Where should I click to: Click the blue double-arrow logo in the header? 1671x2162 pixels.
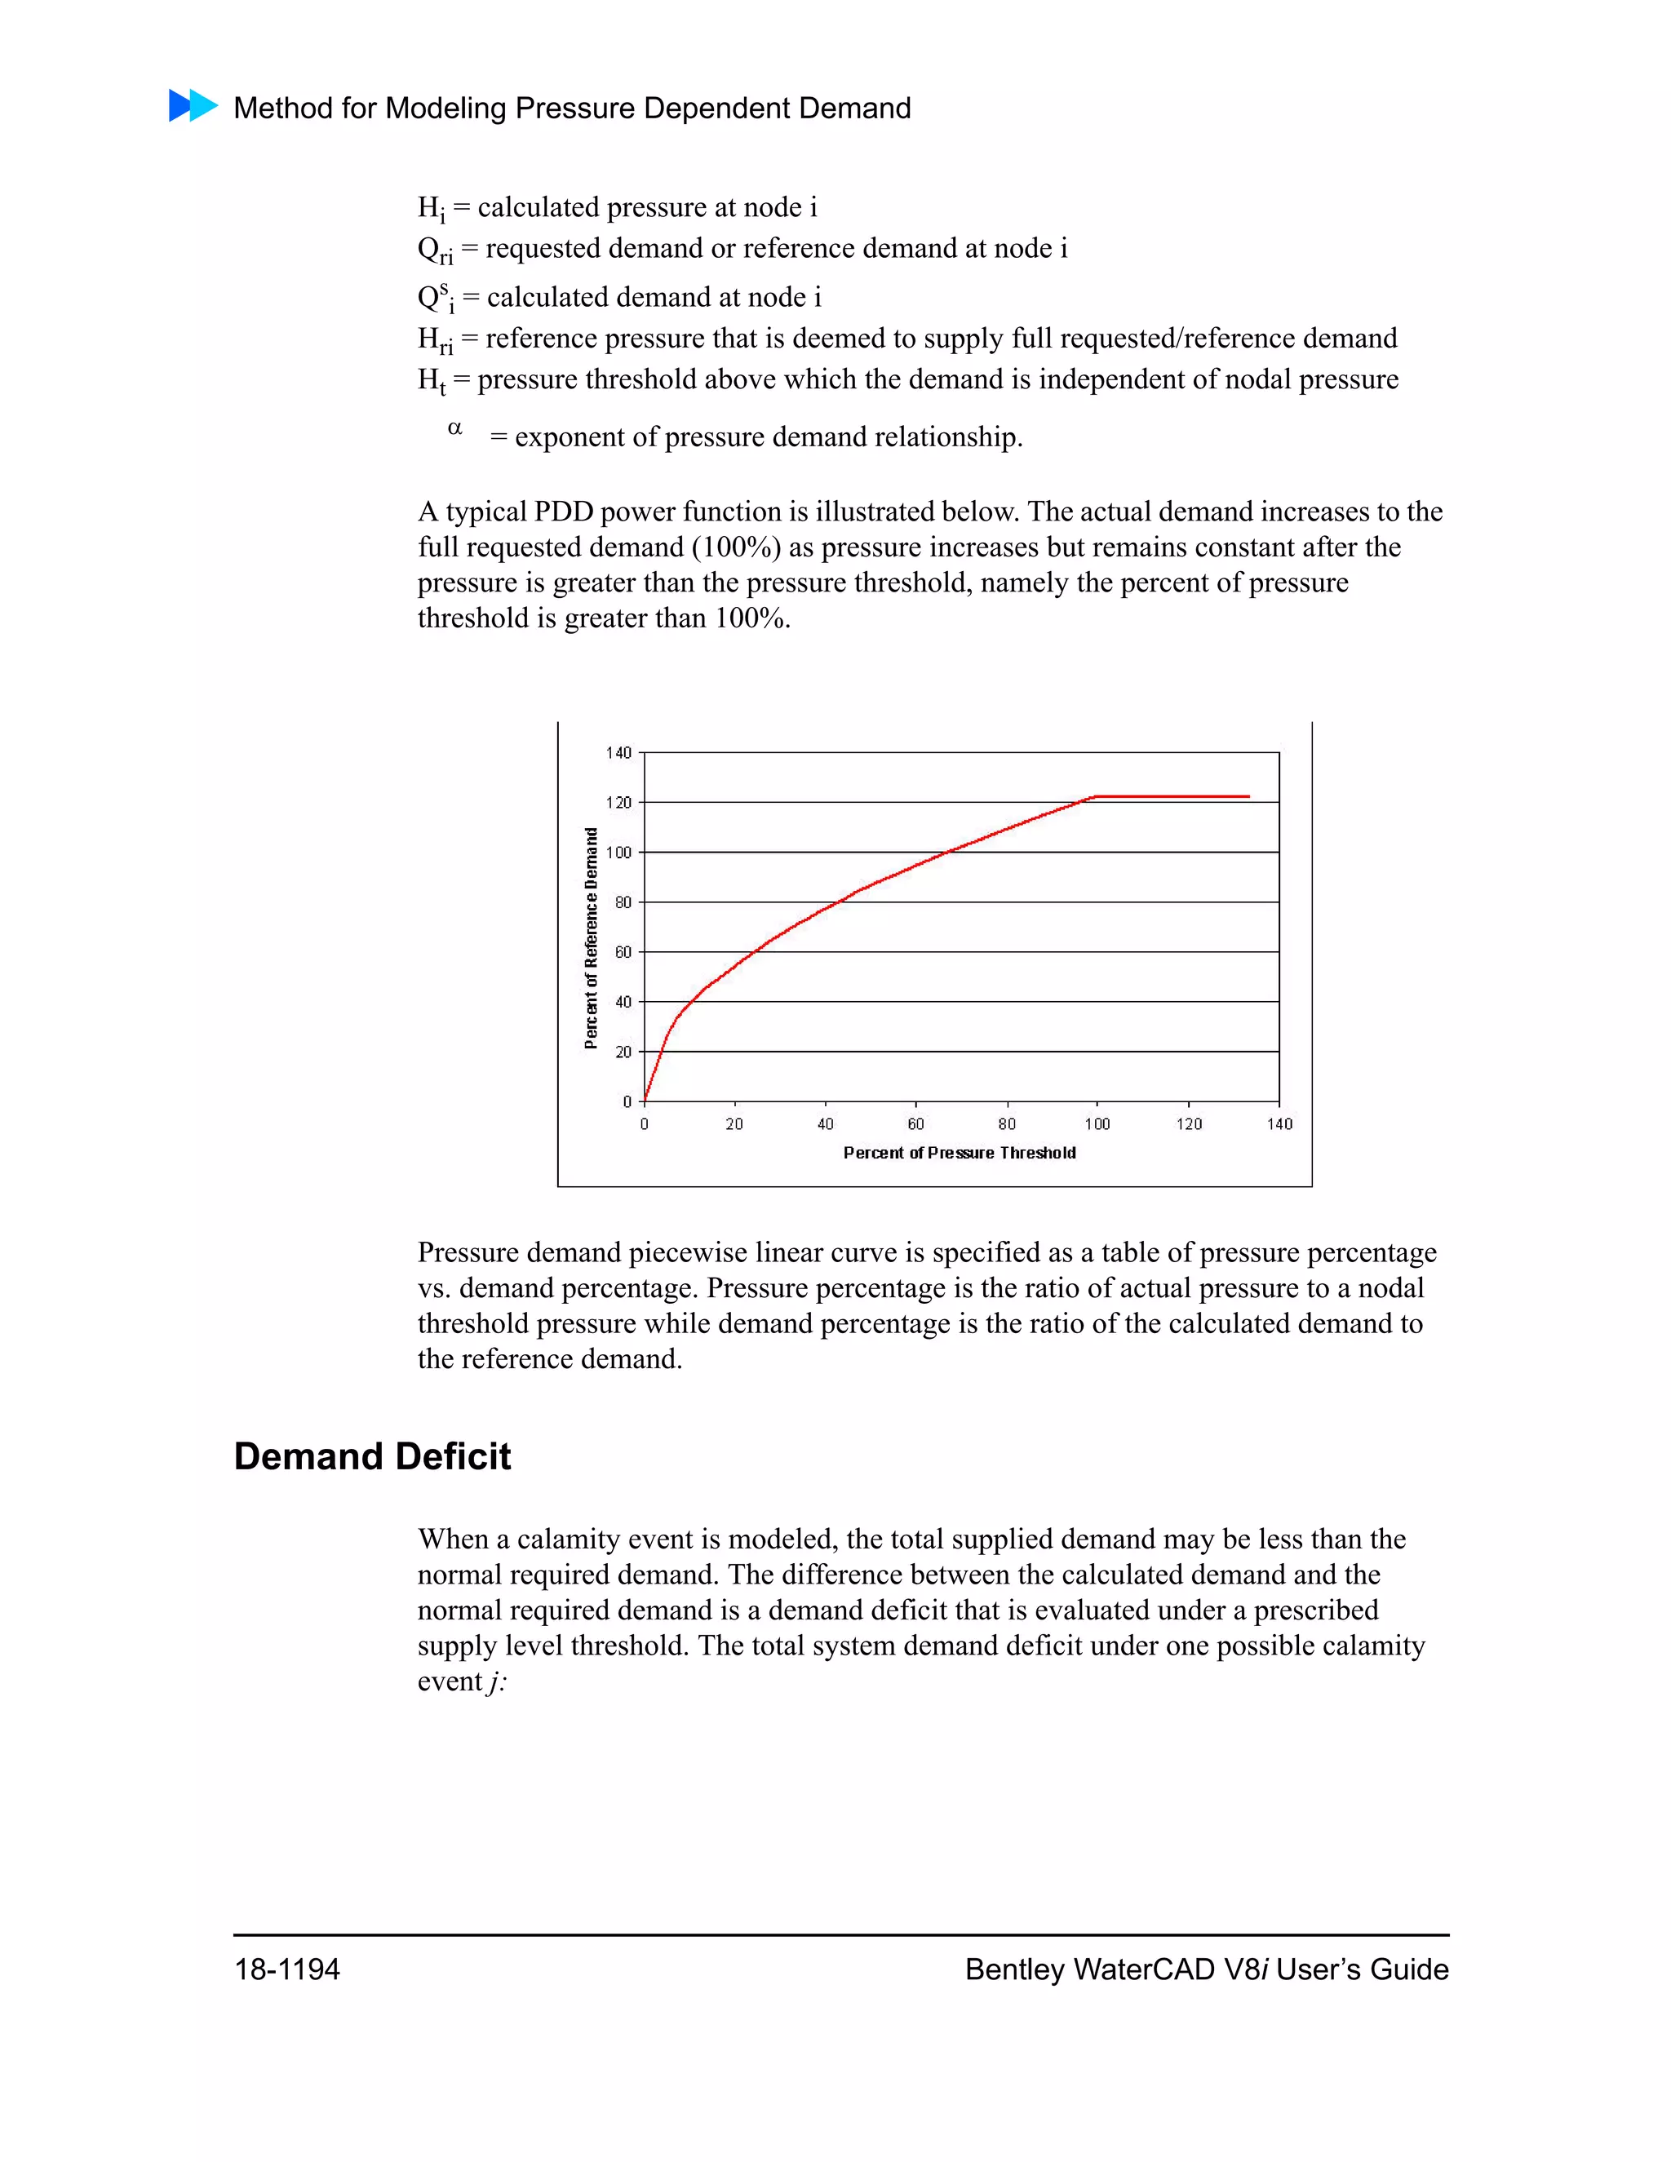click(x=193, y=106)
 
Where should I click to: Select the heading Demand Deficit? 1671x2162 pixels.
click(x=372, y=1457)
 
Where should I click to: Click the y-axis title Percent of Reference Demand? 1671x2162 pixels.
click(x=591, y=938)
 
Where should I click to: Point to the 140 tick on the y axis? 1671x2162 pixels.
click(x=618, y=753)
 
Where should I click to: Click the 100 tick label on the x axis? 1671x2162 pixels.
click(x=1097, y=1124)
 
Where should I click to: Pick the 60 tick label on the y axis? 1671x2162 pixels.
click(x=623, y=952)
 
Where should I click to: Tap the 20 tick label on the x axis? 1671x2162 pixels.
click(x=734, y=1124)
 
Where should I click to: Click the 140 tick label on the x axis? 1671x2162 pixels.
click(x=1279, y=1124)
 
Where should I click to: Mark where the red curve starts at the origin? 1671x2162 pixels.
click(x=645, y=1100)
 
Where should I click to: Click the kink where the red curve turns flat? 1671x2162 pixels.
click(x=1095, y=796)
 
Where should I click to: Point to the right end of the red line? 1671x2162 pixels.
click(x=1248, y=796)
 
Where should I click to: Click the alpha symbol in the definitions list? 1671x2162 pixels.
click(x=455, y=428)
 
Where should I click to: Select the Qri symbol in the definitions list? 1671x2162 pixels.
click(x=435, y=250)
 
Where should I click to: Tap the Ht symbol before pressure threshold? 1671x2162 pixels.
click(x=432, y=381)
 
